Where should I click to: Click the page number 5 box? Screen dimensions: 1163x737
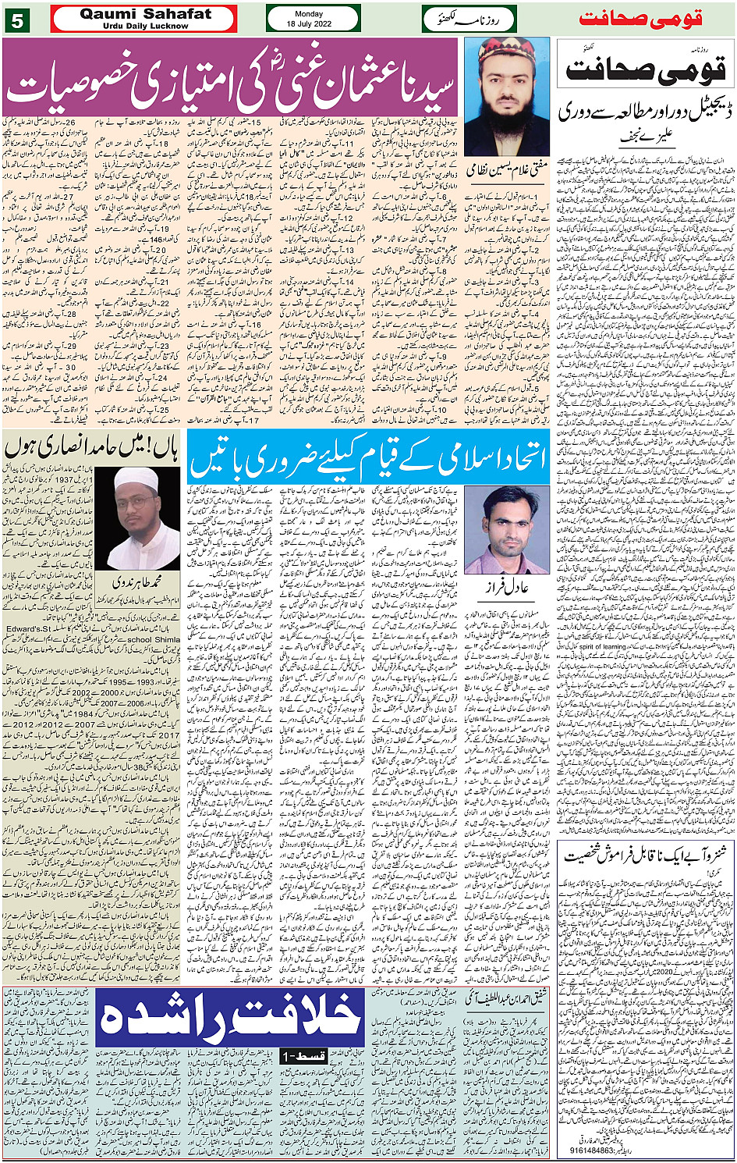click(16, 20)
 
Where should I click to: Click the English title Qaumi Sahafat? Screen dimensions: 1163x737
click(145, 15)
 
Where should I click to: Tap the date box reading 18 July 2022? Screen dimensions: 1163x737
click(313, 19)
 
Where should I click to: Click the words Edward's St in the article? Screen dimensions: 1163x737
click(28, 628)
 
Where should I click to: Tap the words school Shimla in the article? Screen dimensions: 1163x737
click(154, 638)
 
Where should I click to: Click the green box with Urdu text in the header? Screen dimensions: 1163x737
click(469, 19)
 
